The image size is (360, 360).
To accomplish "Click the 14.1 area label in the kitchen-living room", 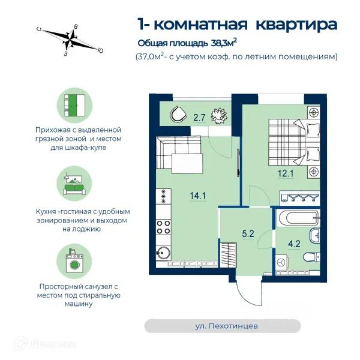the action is tap(198, 196).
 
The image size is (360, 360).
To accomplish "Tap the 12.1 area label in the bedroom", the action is tap(286, 173).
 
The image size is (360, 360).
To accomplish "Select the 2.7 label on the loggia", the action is tap(199, 118).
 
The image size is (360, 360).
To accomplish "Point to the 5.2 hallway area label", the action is tap(248, 234).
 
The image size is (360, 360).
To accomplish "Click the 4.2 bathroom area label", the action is tap(294, 244).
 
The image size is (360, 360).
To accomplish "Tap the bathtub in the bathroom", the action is tap(298, 218).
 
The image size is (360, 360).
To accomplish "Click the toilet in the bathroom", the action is tap(311, 257).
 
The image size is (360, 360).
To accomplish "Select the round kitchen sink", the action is tap(163, 253).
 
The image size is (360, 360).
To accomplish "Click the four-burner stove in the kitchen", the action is tap(163, 227).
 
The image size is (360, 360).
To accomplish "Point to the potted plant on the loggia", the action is tap(220, 116).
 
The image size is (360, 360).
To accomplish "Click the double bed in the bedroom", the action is tap(294, 142).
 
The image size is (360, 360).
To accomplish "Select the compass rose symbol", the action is tap(70, 39).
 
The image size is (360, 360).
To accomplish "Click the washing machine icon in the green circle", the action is tap(74, 262).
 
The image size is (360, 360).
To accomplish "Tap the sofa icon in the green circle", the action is tap(74, 183).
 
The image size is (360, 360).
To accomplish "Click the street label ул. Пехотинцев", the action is tap(226, 326).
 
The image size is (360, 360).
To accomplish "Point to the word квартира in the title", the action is tap(296, 25).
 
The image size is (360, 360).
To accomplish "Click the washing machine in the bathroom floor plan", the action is tap(281, 262).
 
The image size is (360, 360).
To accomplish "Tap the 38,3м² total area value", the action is tap(224, 43).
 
